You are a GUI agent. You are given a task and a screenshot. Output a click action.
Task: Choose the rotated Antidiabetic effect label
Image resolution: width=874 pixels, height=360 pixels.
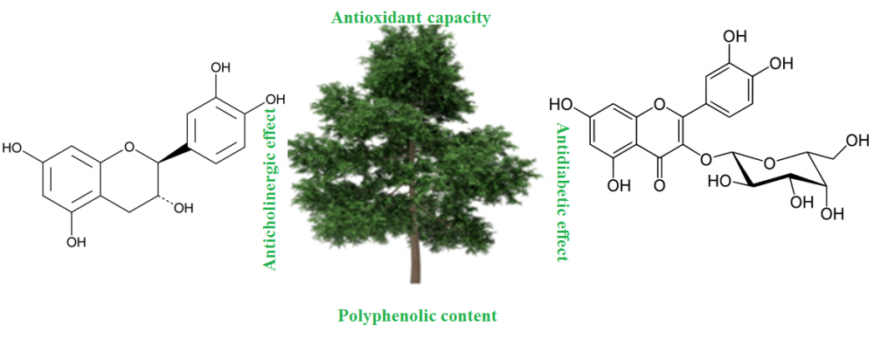point(561,192)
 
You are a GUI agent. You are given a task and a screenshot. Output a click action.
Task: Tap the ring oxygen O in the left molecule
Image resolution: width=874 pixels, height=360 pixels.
point(129,148)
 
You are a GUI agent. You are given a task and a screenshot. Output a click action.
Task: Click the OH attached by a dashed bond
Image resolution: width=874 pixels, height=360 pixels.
point(184,209)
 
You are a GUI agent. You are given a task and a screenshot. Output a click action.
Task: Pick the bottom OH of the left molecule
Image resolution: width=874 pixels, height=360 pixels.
point(76,242)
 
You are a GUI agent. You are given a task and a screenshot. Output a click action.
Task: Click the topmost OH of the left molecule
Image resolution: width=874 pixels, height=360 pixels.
point(220,68)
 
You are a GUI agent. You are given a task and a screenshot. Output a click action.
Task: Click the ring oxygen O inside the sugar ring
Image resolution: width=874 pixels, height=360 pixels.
point(770,163)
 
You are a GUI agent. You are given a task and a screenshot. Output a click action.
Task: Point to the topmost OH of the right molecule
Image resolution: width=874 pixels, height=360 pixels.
point(734,38)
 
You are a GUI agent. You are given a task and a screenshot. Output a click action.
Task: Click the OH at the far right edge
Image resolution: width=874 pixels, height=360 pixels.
point(857,139)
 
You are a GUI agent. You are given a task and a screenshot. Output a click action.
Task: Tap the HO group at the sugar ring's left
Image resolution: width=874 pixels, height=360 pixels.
point(718,183)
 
